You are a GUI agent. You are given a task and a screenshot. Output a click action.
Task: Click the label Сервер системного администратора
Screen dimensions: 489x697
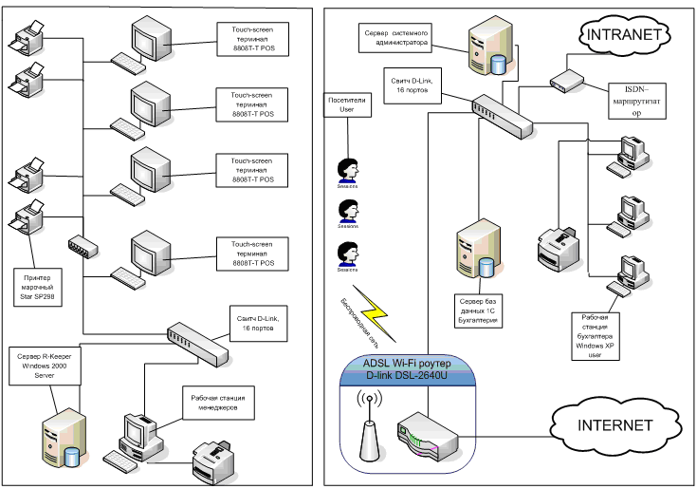(396, 37)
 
